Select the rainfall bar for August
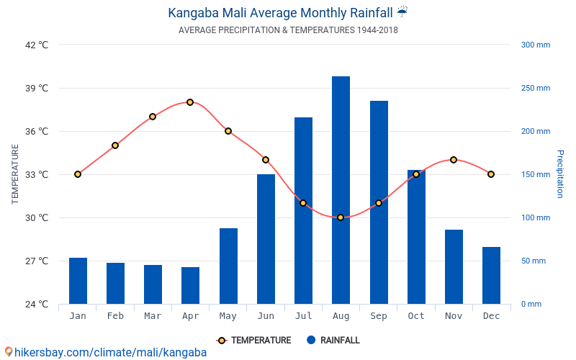point(341,190)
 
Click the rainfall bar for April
point(190,285)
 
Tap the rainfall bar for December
point(491,275)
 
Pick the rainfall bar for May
point(228,266)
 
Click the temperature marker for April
point(190,102)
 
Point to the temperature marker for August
point(341,217)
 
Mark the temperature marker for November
point(454,160)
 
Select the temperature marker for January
point(78,174)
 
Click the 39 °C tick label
point(37,89)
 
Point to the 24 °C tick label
point(37,304)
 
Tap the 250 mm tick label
point(535,89)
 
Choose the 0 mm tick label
point(531,304)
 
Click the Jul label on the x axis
point(303,316)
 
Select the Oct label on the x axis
point(416,316)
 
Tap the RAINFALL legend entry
point(333,341)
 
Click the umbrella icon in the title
point(402,12)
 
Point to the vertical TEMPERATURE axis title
point(15,174)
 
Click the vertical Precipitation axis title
point(560,174)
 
